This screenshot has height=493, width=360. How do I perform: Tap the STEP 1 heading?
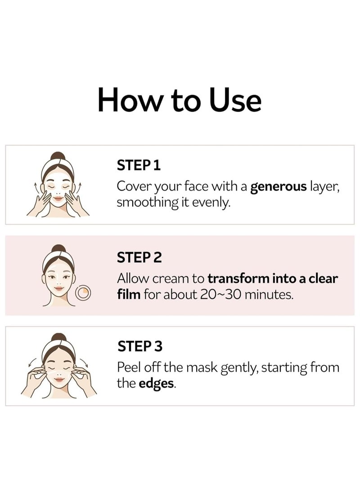[x=138, y=166]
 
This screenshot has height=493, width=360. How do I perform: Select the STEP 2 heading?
[x=139, y=257]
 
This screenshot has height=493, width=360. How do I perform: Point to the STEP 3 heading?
[x=139, y=346]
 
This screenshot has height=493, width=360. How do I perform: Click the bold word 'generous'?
[x=279, y=186]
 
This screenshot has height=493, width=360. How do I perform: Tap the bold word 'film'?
[x=129, y=295]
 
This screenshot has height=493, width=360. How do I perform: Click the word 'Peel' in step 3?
[x=128, y=368]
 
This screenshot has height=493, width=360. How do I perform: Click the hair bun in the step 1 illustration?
[x=58, y=157]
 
